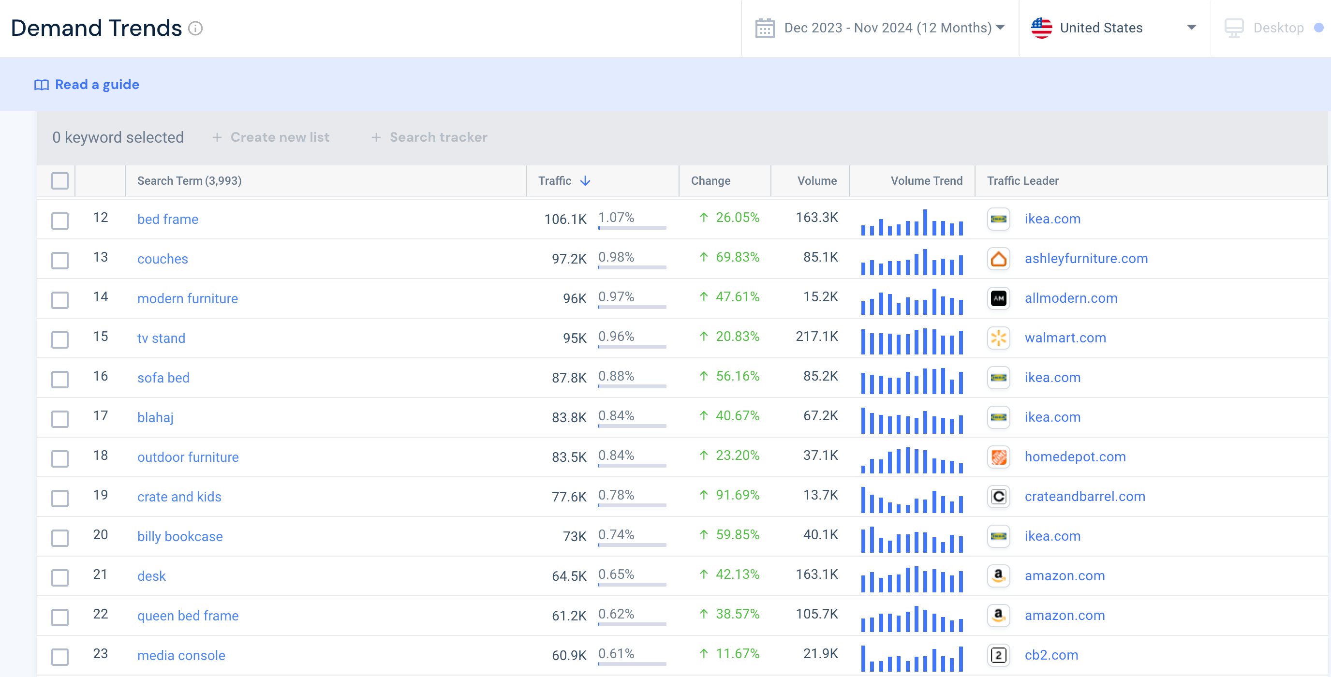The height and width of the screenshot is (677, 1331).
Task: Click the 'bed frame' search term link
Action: pos(167,219)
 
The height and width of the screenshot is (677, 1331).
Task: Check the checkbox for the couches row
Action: pos(60,260)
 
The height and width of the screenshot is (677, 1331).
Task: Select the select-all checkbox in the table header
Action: pos(60,181)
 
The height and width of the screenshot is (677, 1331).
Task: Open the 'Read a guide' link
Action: pos(97,84)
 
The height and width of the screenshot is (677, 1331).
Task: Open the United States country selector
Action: pos(1113,28)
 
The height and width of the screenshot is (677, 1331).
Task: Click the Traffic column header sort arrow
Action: pos(585,181)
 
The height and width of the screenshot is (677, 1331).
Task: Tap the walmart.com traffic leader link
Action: pos(1065,338)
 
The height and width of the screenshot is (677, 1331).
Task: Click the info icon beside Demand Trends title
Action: pos(195,28)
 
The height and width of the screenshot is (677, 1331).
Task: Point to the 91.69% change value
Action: pos(737,495)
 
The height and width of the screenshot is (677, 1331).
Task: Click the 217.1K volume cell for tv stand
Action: pos(816,337)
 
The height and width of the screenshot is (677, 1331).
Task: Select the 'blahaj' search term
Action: pos(155,418)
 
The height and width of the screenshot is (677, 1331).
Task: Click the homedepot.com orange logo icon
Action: pos(998,457)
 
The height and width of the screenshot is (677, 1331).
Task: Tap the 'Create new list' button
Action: pos(271,137)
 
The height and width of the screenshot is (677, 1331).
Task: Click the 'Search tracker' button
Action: pos(429,137)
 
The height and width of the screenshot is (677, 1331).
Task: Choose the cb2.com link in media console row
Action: pos(1051,655)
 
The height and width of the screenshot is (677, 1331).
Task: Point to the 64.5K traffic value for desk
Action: pos(568,576)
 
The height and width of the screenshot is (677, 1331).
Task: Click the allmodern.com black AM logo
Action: pos(998,298)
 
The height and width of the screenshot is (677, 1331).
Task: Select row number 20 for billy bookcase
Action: pos(100,535)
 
